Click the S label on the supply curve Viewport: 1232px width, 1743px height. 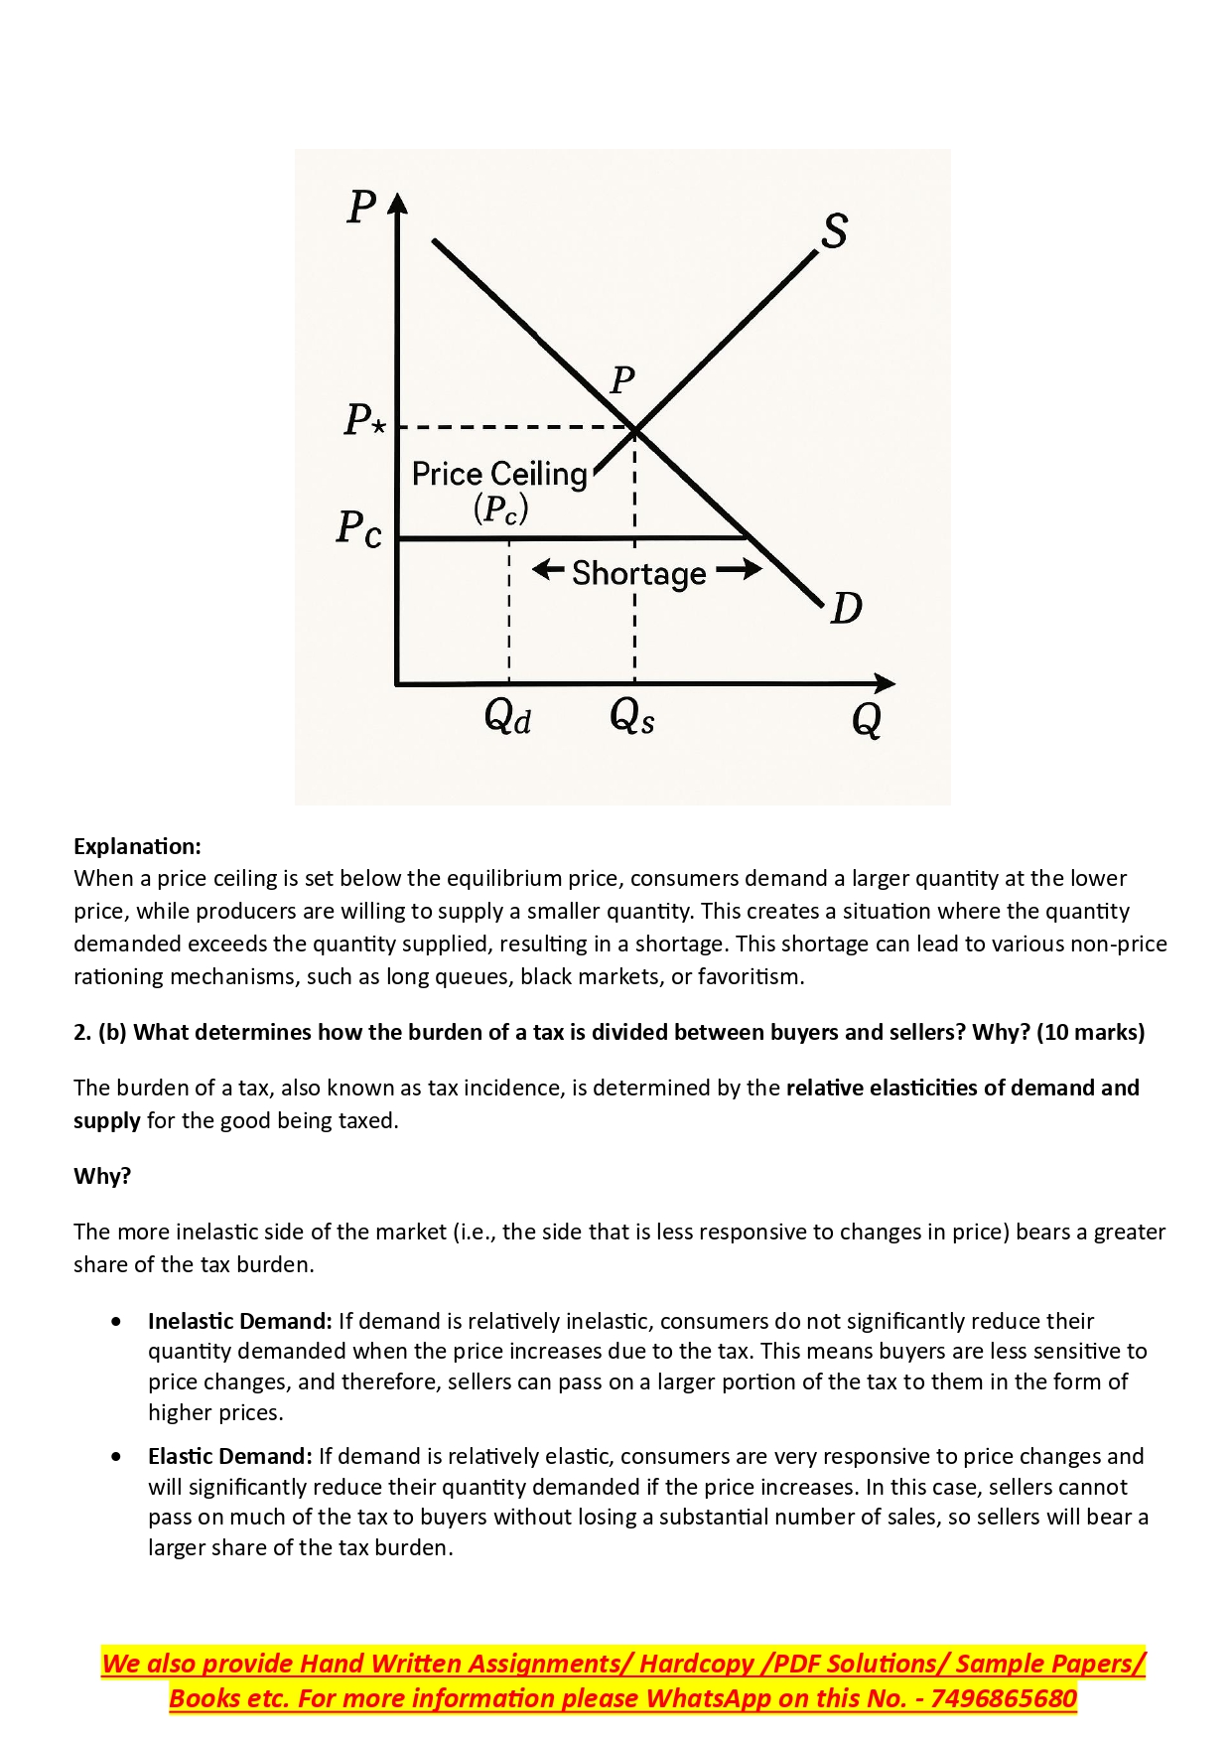835,230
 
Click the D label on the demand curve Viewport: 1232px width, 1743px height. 846,608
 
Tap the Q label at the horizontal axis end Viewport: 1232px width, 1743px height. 867,719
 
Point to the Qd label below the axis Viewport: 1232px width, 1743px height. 507,716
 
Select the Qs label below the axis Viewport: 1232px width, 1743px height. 632,715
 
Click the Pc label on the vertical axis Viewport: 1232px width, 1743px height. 359,528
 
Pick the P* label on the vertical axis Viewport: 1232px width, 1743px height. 364,420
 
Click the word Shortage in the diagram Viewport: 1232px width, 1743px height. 638,574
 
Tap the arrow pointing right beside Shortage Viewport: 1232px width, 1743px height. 739,569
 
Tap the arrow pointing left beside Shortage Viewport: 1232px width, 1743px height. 548,569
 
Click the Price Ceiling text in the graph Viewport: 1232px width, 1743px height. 499,475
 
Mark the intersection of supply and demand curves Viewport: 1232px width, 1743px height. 634,429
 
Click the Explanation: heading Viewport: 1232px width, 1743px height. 137,846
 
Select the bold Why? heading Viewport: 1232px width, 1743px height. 102,1176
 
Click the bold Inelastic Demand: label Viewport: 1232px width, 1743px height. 239,1321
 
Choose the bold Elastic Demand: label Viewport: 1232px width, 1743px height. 229,1456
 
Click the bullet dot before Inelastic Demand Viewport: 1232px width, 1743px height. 118,1322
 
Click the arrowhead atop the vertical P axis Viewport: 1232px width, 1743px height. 397,203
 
